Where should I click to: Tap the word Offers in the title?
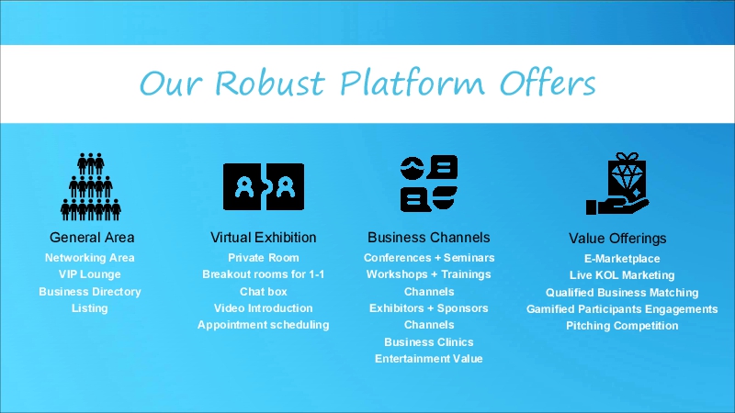[x=547, y=84]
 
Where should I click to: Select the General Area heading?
[x=92, y=238]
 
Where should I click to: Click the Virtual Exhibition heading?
[x=264, y=238]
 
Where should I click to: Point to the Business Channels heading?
[x=429, y=238]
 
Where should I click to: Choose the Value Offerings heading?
[x=617, y=239]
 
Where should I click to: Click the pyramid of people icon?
[x=90, y=186]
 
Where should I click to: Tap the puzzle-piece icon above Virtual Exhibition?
[x=264, y=186]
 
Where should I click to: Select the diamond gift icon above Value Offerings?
[x=616, y=185]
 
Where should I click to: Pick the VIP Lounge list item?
[x=90, y=274]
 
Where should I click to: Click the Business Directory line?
[x=90, y=292]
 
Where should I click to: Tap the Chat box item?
[x=264, y=292]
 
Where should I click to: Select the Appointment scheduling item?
[x=264, y=325]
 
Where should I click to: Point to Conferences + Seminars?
[x=429, y=258]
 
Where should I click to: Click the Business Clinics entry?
[x=429, y=342]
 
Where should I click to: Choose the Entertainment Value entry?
[x=429, y=359]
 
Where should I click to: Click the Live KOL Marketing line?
[x=622, y=275]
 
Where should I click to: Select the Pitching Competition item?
[x=622, y=326]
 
